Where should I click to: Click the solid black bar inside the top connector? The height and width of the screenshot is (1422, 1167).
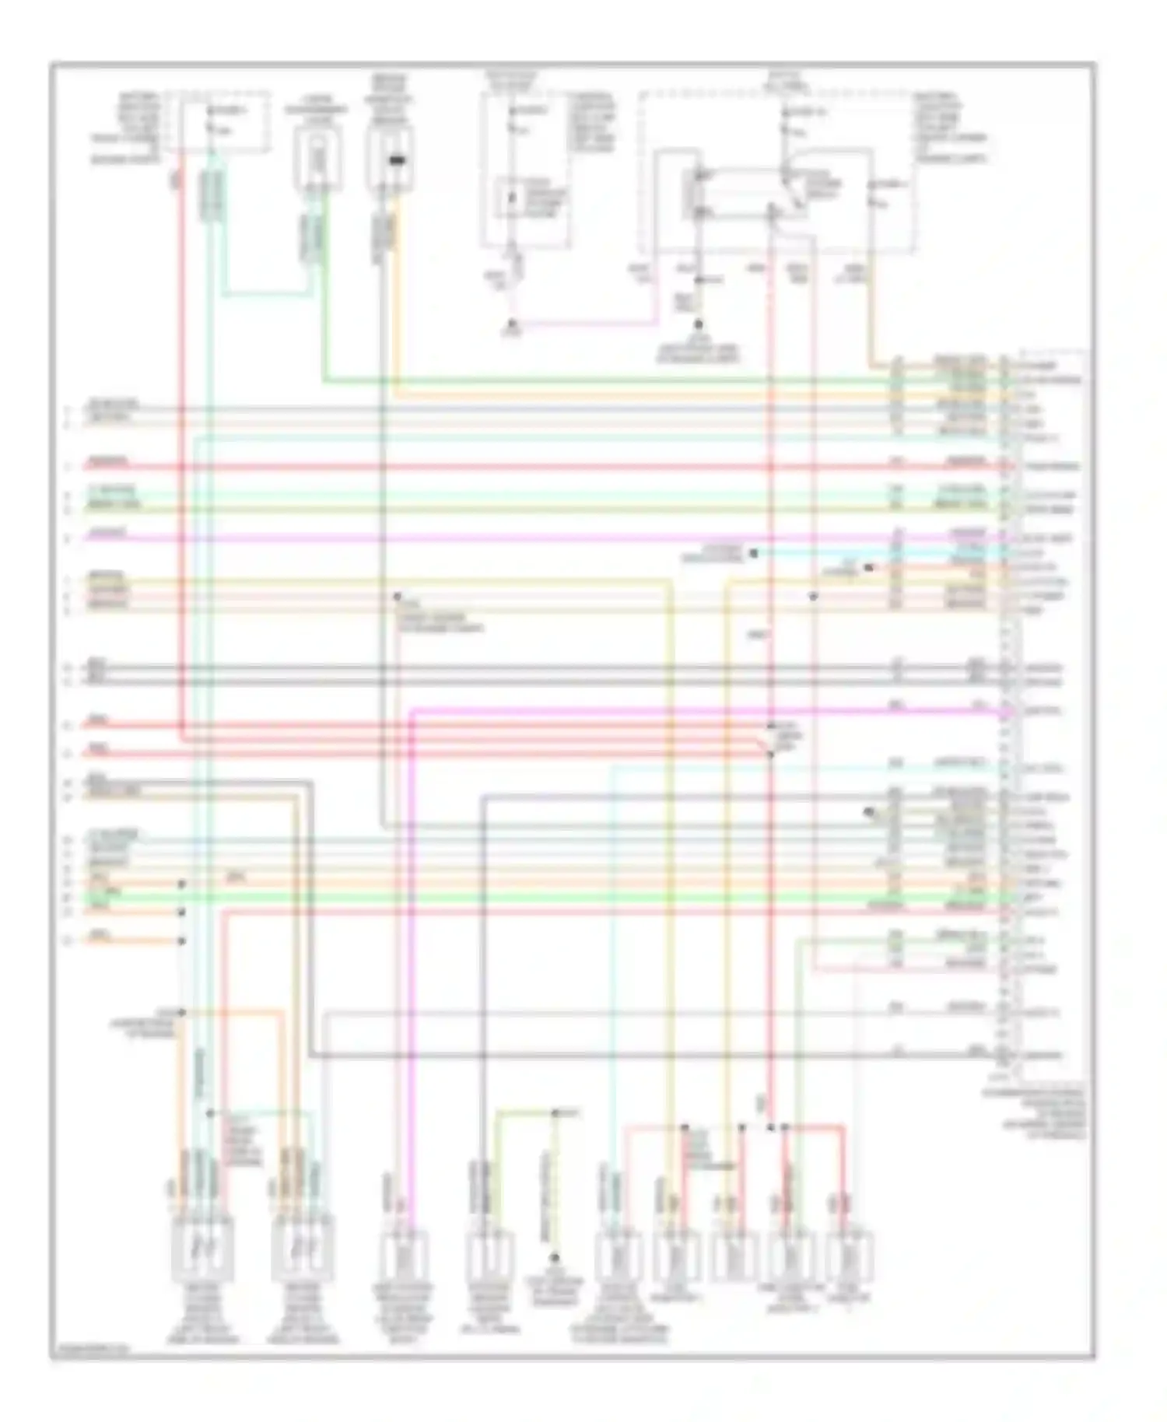point(397,161)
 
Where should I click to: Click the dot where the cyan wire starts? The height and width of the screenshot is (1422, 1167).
point(753,553)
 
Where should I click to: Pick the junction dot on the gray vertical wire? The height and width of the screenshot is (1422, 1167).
point(396,597)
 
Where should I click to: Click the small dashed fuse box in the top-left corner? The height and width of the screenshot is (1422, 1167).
point(225,121)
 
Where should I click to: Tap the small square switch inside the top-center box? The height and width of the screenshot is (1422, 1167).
point(511,198)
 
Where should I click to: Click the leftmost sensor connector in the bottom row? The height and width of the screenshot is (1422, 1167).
point(201,1251)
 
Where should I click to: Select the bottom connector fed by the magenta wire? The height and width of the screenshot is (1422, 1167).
point(405,1254)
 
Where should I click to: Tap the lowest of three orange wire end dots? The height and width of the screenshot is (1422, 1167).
point(181,940)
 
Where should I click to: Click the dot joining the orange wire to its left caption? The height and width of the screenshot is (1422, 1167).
point(181,1012)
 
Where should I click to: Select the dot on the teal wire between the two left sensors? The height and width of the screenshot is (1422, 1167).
point(209,1113)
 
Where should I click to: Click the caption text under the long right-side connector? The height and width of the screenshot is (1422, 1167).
point(1035,1109)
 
